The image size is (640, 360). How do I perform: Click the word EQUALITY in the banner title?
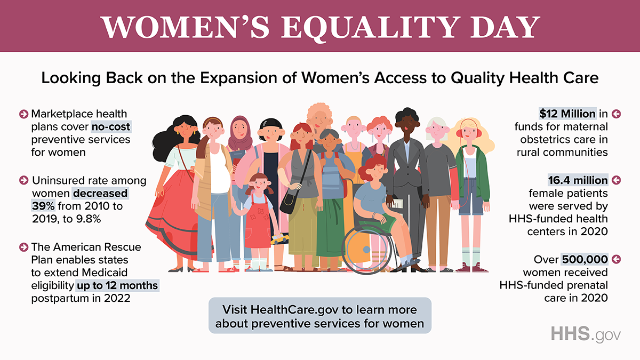(x=371, y=27)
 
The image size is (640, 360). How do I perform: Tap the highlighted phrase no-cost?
(x=111, y=126)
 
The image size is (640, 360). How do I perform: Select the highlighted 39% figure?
(x=43, y=206)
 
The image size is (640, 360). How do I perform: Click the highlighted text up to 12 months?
(x=117, y=285)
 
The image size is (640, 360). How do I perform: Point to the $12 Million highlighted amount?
(x=567, y=114)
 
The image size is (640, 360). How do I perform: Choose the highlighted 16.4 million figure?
(x=578, y=180)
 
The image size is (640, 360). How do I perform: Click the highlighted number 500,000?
(x=585, y=259)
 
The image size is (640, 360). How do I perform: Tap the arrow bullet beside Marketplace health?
(x=23, y=114)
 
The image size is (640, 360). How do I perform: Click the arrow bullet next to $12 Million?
(x=617, y=114)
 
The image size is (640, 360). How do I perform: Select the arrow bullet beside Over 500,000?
(x=617, y=259)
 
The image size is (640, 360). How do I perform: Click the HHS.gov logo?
(x=586, y=334)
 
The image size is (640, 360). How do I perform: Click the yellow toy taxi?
(x=279, y=238)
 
